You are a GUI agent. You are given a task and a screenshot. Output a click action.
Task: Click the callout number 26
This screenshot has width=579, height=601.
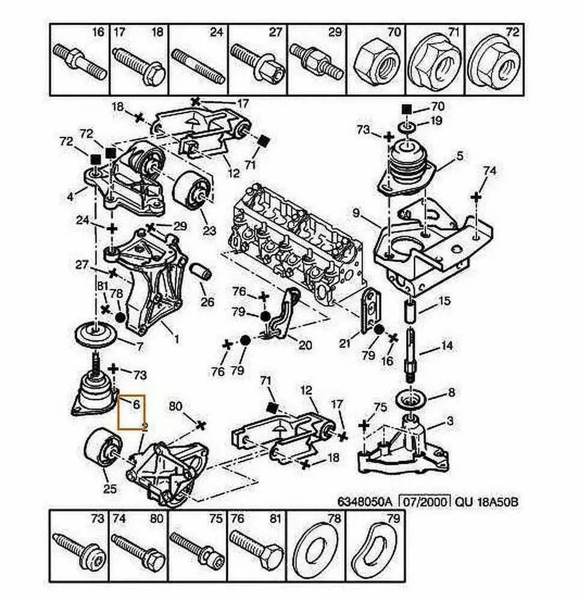pyautogui.click(x=207, y=302)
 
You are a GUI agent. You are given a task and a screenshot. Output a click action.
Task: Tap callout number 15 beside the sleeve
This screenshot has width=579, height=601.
pyautogui.click(x=444, y=300)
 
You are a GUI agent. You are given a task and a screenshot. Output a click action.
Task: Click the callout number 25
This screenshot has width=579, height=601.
pyautogui.click(x=109, y=489)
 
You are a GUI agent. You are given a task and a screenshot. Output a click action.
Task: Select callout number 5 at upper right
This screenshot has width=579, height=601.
pyautogui.click(x=459, y=156)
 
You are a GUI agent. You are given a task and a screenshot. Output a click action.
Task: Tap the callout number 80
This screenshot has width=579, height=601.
pyautogui.click(x=175, y=406)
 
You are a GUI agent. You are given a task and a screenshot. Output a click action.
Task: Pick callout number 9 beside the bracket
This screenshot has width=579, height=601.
pyautogui.click(x=356, y=212)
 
